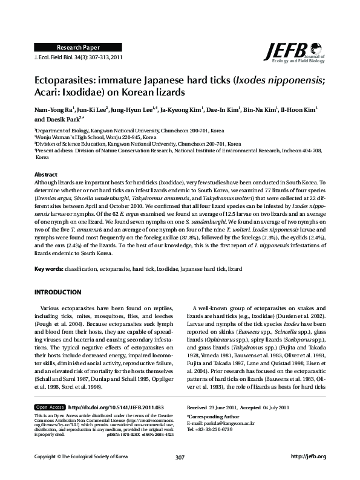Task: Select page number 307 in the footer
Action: click(x=180, y=472)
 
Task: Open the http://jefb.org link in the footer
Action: click(x=309, y=472)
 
